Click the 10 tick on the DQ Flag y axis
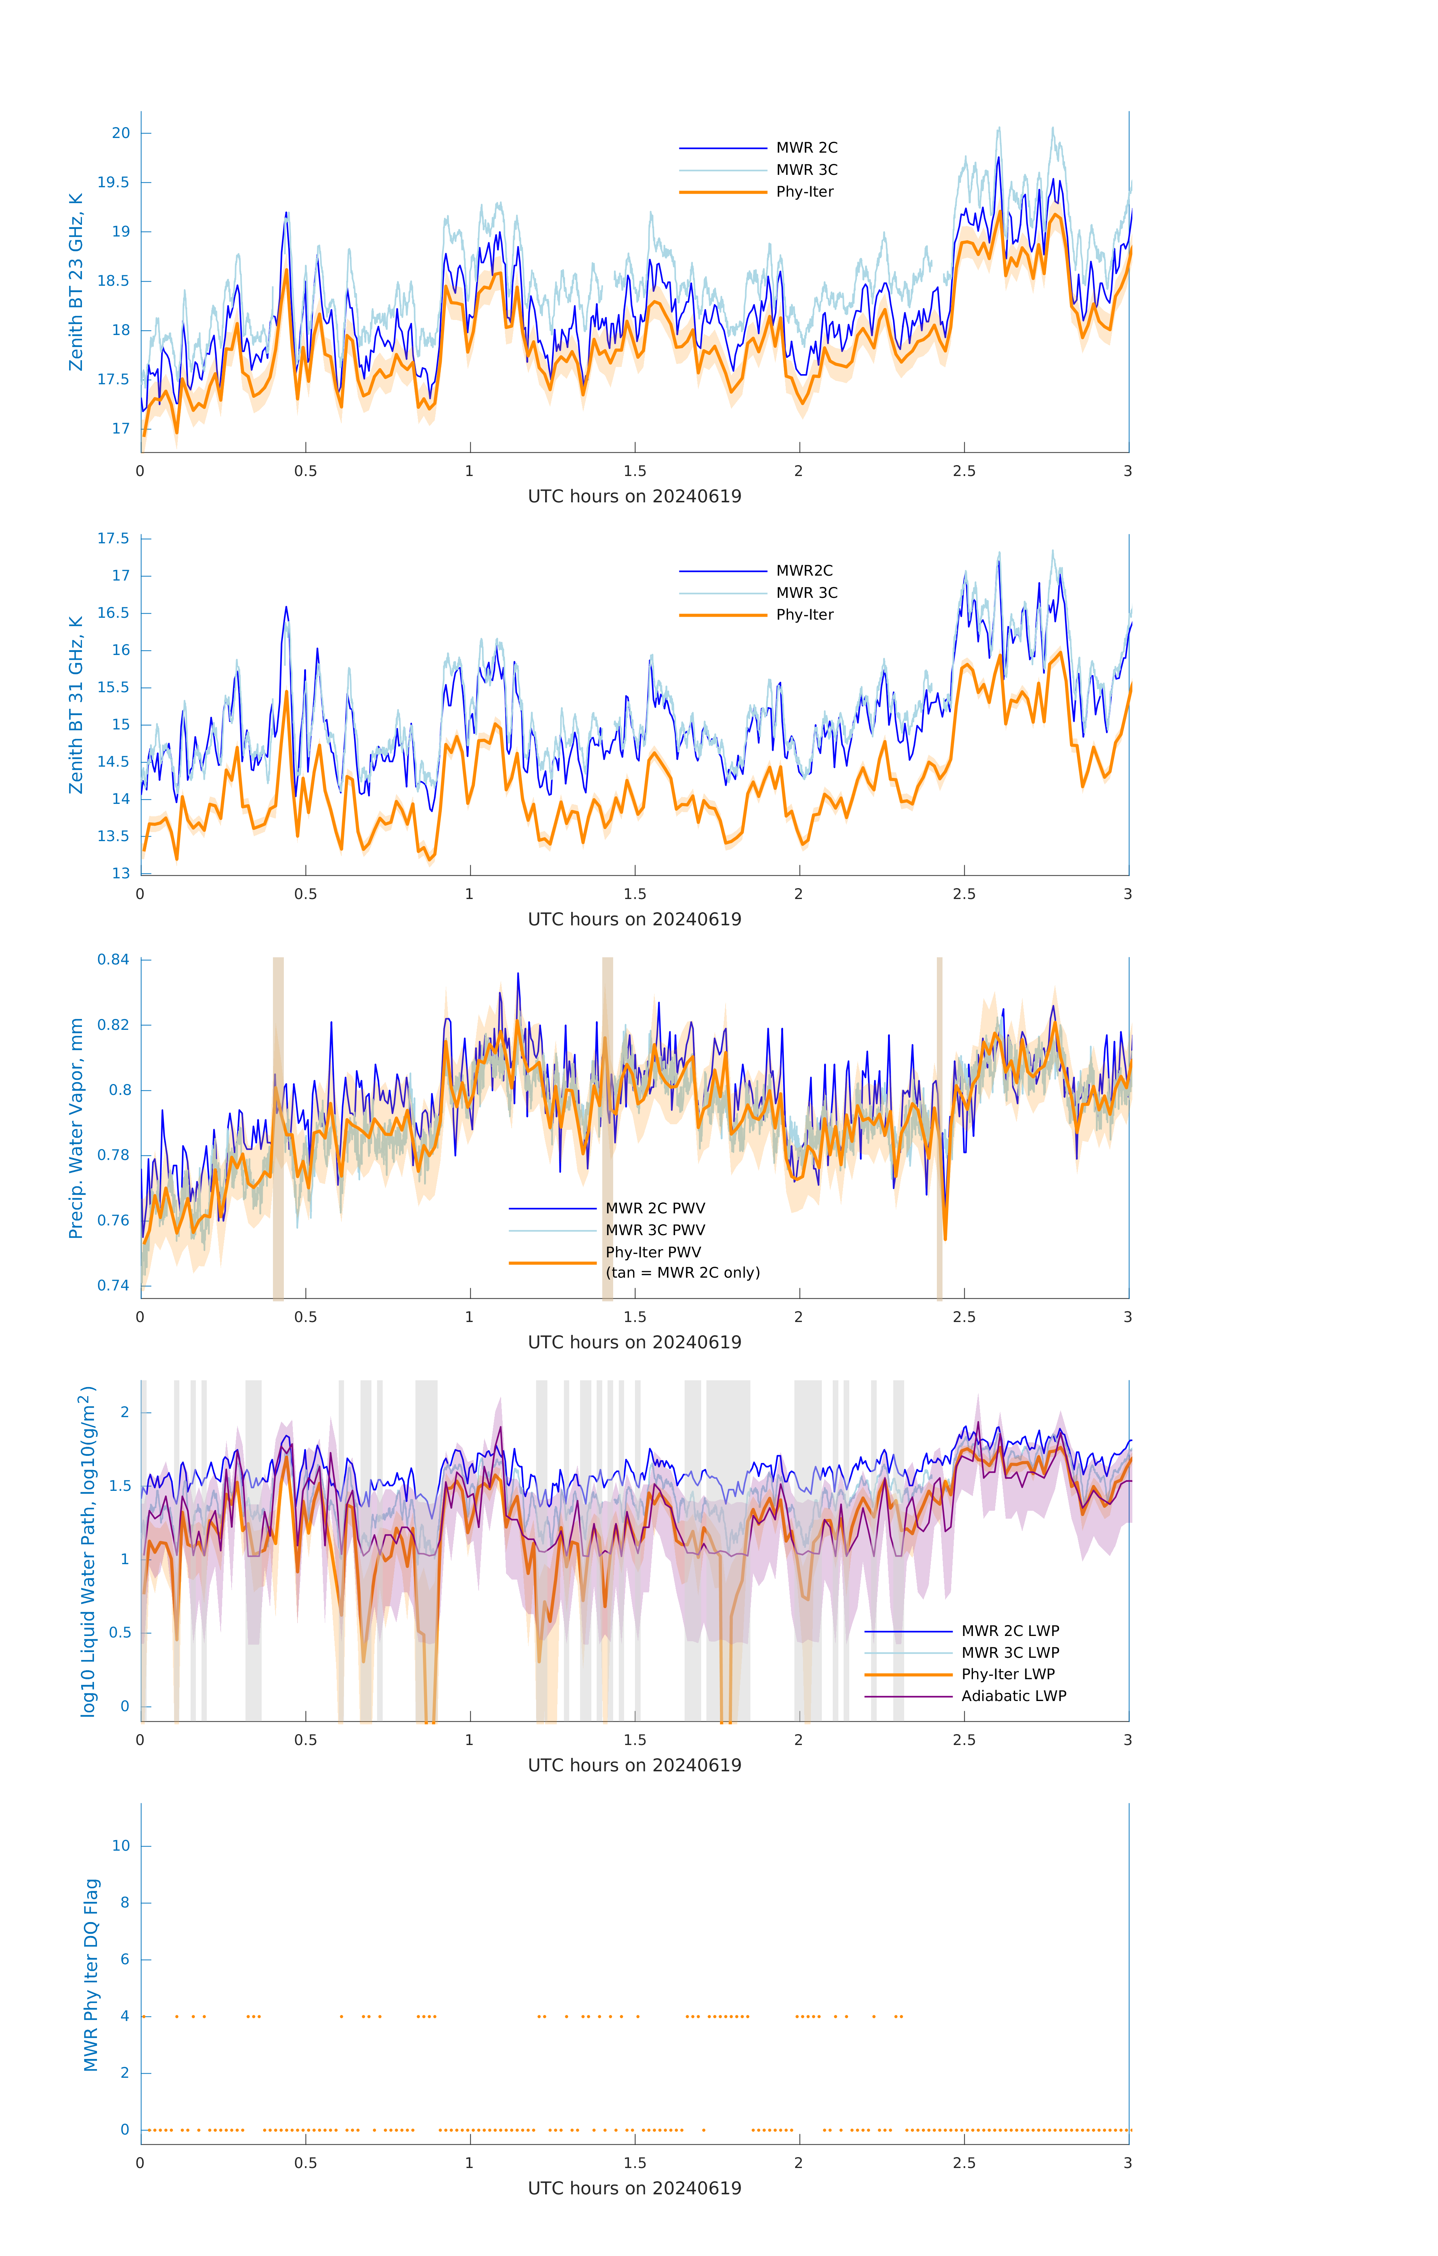coord(121,1846)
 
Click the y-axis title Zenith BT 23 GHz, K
coord(76,282)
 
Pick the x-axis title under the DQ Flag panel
coord(634,2189)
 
